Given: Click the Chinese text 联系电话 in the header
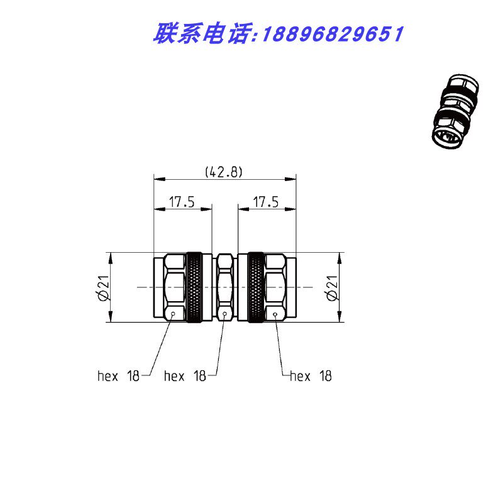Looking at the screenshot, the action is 201,34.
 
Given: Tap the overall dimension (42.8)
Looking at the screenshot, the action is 224,172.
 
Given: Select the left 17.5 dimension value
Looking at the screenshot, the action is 182,202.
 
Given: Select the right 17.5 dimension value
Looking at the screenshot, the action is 266,202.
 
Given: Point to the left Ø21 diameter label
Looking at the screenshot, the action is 104,288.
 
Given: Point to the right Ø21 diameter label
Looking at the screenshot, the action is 332,288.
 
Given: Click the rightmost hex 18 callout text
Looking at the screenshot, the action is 311,376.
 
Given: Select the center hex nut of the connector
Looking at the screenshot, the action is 224,288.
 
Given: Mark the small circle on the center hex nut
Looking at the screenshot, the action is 224,314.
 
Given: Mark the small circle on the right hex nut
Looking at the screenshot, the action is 275,314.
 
